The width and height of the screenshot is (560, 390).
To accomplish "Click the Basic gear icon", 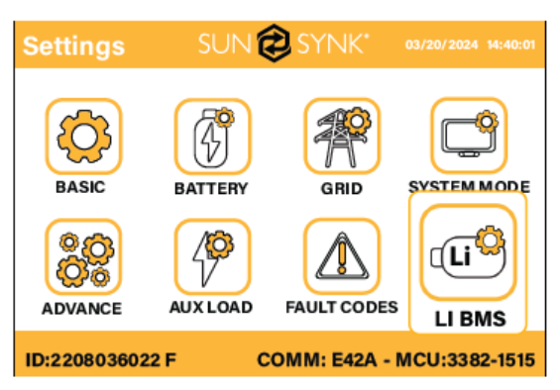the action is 84,137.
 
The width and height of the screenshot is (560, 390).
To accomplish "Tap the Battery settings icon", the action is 212,137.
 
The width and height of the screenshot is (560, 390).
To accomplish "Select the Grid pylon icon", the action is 342,137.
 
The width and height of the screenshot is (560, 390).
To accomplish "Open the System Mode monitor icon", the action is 469,136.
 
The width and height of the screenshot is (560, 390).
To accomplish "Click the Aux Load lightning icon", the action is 212,257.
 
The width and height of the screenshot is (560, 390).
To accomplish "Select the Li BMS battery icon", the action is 468,252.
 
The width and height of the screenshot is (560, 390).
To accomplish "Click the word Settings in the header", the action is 74,47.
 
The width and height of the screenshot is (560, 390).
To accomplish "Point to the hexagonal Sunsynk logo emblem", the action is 274,44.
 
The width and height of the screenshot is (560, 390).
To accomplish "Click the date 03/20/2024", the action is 441,45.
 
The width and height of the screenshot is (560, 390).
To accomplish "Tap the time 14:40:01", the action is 511,45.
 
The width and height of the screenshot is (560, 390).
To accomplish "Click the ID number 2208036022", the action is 105,359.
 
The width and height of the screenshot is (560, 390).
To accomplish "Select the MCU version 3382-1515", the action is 491,359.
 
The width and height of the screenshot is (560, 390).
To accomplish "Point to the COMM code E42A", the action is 354,359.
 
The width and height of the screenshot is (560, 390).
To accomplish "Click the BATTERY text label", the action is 211,189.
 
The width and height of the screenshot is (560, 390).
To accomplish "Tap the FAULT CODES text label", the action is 342,307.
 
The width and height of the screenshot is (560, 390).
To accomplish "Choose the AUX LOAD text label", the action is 211,307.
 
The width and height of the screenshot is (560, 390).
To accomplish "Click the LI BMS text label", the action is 471,319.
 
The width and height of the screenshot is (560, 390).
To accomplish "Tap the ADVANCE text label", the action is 82,309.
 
